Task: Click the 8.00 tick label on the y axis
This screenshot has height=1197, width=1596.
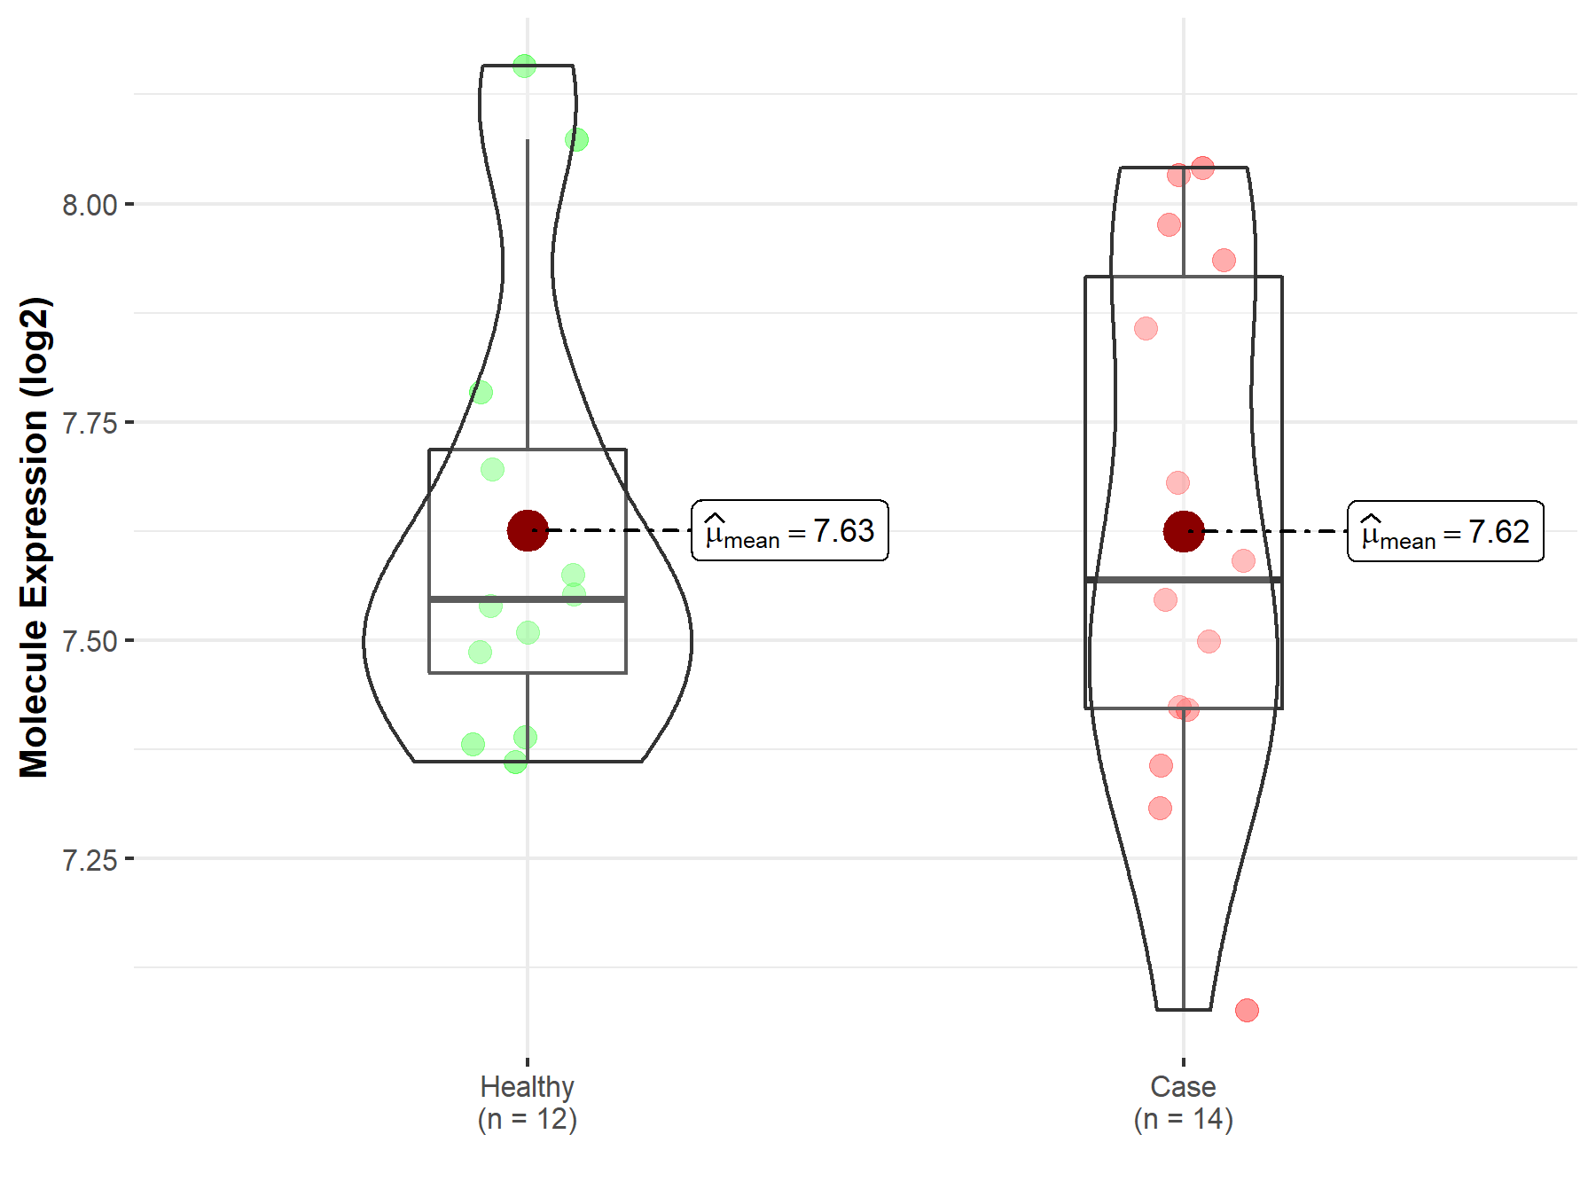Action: click(x=90, y=205)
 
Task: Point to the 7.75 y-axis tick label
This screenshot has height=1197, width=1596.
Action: click(x=90, y=423)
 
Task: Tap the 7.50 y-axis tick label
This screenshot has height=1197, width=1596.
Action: click(x=90, y=641)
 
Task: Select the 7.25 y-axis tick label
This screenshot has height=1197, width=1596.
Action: click(x=90, y=859)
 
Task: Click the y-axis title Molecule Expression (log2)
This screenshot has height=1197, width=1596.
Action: click(x=35, y=537)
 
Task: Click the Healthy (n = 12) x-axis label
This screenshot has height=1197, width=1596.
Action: click(x=528, y=1103)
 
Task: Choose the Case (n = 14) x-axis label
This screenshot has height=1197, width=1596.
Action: click(x=1184, y=1103)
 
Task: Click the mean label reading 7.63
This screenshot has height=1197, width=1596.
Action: click(x=790, y=530)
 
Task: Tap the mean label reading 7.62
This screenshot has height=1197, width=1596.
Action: click(x=1446, y=531)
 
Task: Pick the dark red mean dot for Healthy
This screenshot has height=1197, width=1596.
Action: click(x=528, y=530)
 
